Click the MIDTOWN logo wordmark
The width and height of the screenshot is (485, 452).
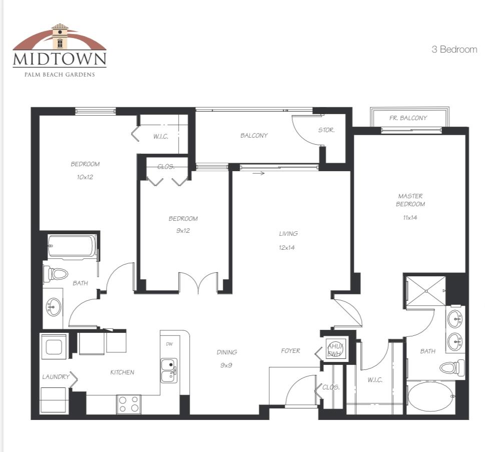pyautogui.click(x=60, y=59)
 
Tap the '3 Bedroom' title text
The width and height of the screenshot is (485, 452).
pyautogui.click(x=454, y=50)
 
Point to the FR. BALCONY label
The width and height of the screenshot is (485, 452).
pyautogui.click(x=408, y=118)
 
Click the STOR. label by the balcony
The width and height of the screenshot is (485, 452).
pyautogui.click(x=327, y=130)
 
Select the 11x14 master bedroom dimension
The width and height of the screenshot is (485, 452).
pyautogui.click(x=410, y=218)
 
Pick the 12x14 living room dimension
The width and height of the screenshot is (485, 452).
pyautogui.click(x=287, y=247)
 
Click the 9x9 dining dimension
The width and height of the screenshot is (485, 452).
pyautogui.click(x=226, y=365)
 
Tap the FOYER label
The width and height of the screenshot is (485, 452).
pyautogui.click(x=290, y=350)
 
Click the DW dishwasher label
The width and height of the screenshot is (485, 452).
pyautogui.click(x=169, y=344)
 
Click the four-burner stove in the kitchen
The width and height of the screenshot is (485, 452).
pyautogui.click(x=129, y=404)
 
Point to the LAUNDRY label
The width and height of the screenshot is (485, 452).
pyautogui.click(x=56, y=376)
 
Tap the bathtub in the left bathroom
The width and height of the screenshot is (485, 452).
pyautogui.click(x=73, y=247)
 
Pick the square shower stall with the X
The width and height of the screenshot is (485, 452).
pyautogui.click(x=426, y=291)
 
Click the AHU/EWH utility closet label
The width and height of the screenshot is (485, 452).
pyautogui.click(x=335, y=350)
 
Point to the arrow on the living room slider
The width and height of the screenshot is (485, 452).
pyautogui.click(x=259, y=173)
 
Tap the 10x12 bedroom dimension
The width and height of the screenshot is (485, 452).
pyautogui.click(x=85, y=177)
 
